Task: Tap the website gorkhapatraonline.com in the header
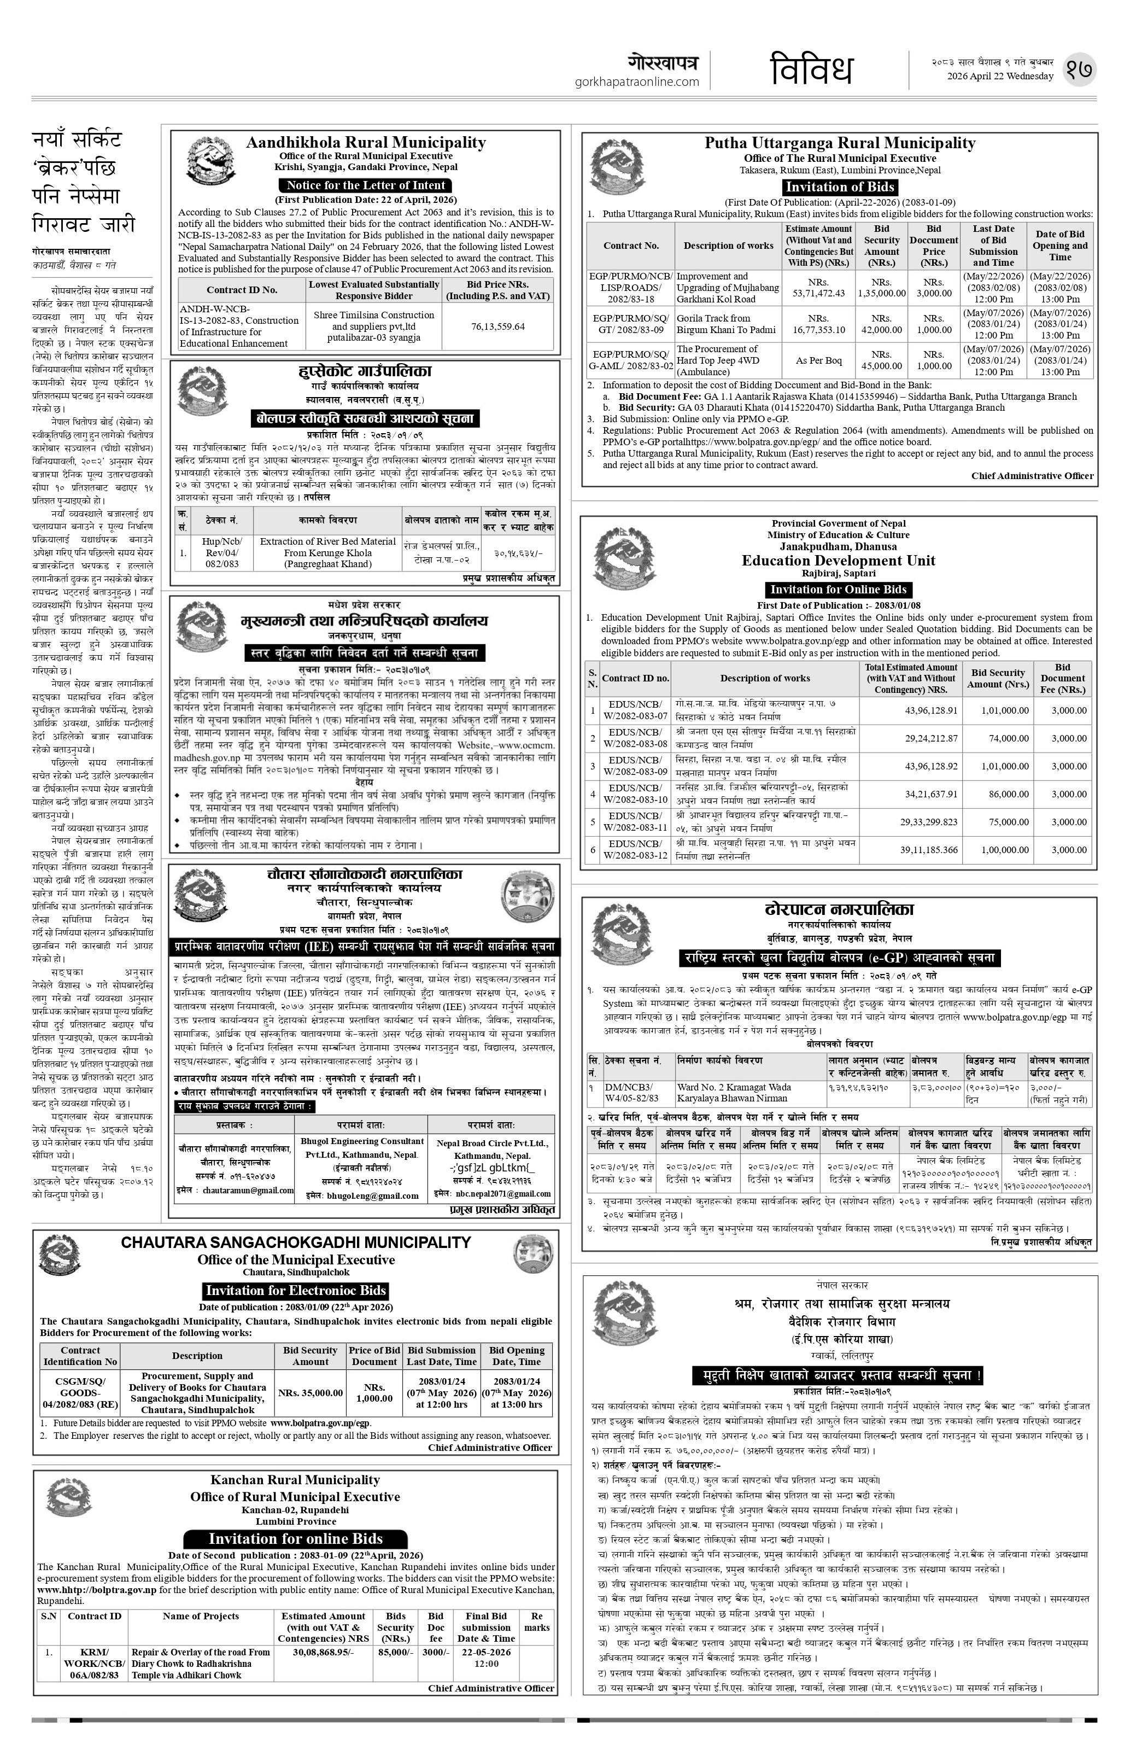(636, 82)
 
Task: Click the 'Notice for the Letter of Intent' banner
(365, 185)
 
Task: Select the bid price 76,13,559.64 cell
(497, 326)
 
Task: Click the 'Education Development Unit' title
(838, 561)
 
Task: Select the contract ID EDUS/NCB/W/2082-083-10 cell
(634, 794)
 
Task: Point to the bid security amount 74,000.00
(1006, 739)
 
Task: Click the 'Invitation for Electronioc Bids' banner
(295, 1291)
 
